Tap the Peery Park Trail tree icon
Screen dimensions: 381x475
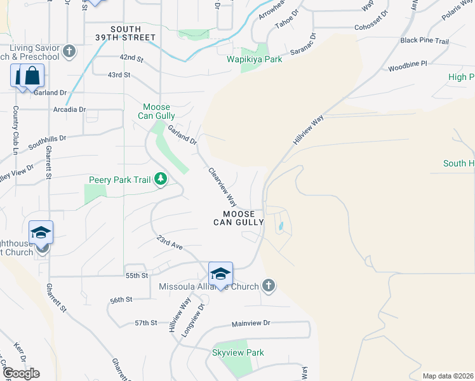pyautogui.click(x=161, y=180)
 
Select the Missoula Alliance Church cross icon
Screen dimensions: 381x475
pyautogui.click(x=268, y=286)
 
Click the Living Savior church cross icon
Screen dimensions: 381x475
pyautogui.click(x=69, y=51)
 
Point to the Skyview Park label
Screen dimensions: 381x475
pyautogui.click(x=238, y=352)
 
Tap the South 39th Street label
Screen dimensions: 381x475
pyautogui.click(x=133, y=33)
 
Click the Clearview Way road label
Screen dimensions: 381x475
pyautogui.click(x=222, y=187)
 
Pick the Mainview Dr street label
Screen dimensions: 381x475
pyautogui.click(x=251, y=323)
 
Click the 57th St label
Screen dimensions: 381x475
pyautogui.click(x=145, y=323)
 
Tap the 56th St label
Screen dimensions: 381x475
pyautogui.click(x=121, y=300)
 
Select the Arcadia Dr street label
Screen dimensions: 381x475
pyautogui.click(x=70, y=109)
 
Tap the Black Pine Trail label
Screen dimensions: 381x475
pyautogui.click(x=425, y=41)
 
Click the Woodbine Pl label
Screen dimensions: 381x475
pyautogui.click(x=408, y=65)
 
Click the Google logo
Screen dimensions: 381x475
pyautogui.click(x=20, y=373)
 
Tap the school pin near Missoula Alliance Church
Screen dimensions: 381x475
pyautogui.click(x=220, y=274)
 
